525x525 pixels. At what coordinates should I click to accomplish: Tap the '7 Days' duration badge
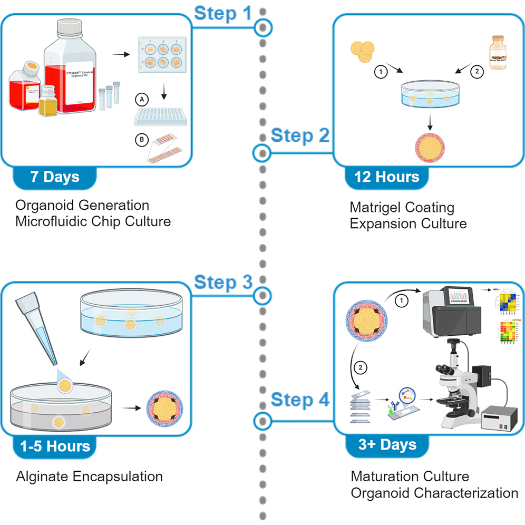(x=55, y=177)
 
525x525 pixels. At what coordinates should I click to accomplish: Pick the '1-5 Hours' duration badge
(x=55, y=446)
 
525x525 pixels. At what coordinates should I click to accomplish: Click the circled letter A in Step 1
(x=140, y=98)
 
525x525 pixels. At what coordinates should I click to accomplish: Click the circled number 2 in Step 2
(x=476, y=73)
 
